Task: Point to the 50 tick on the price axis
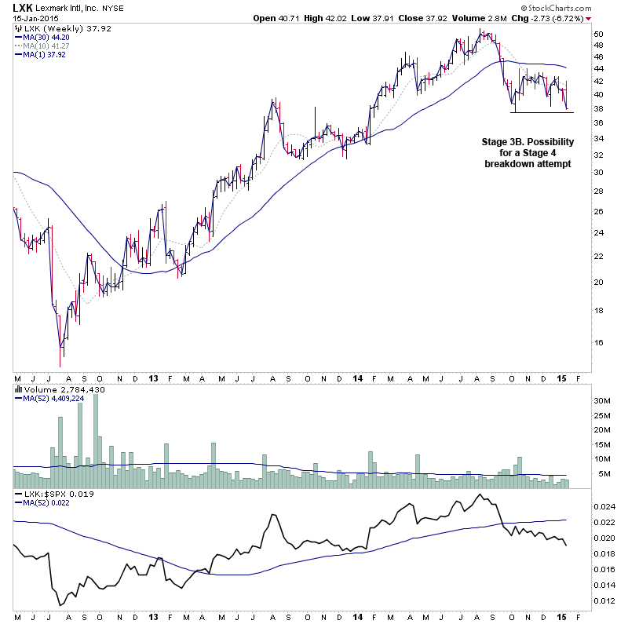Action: click(598, 35)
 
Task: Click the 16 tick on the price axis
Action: click(598, 342)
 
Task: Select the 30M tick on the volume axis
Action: click(601, 400)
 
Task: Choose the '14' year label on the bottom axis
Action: click(357, 378)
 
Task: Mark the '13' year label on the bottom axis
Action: click(152, 378)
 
